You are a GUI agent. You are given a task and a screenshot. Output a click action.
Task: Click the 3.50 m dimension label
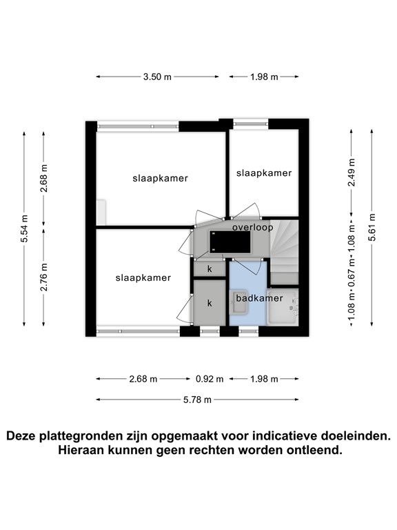157,77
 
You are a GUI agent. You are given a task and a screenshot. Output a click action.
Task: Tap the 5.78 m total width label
198,400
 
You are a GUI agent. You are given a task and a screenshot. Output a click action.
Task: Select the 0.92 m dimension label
210,379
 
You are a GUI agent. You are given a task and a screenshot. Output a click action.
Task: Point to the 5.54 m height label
25,228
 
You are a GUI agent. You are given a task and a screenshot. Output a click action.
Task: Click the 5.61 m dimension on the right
371,227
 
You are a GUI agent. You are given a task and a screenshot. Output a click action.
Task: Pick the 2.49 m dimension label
352,172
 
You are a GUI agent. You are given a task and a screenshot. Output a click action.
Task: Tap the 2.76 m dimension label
43,277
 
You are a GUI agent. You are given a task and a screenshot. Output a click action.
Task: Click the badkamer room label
259,298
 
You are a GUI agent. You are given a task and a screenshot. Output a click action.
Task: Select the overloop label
252,227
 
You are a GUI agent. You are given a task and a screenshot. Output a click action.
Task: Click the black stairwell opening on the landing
230,242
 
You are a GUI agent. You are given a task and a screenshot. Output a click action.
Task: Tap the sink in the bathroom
239,302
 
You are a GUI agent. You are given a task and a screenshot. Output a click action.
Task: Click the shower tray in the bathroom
283,307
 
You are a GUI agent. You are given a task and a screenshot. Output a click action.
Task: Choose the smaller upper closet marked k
210,268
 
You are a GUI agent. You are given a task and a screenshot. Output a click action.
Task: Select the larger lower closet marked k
210,303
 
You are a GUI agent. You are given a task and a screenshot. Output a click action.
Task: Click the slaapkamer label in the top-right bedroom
264,173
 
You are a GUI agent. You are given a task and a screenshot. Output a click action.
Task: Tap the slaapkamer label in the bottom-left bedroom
143,278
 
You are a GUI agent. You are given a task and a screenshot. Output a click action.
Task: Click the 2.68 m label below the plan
143,379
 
